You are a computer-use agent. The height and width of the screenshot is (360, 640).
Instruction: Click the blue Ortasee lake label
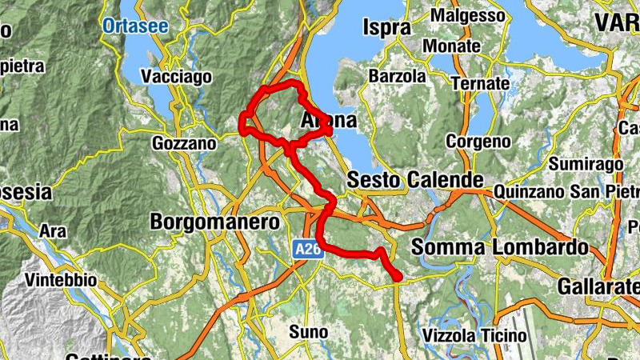(x=135, y=26)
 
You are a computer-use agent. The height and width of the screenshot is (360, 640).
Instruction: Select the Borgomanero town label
(x=215, y=221)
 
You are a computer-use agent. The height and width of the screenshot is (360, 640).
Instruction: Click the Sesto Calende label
(x=415, y=181)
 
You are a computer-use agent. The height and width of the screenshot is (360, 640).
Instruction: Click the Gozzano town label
(x=184, y=144)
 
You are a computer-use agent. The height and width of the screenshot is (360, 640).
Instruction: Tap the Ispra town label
(x=386, y=28)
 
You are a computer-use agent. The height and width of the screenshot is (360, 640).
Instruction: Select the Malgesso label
(x=468, y=15)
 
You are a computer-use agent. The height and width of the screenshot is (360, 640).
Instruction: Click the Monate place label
(x=451, y=46)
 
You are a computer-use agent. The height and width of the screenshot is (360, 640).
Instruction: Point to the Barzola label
(x=398, y=77)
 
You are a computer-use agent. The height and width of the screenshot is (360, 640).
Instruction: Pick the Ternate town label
(x=480, y=83)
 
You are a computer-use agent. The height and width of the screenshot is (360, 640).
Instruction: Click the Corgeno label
(x=478, y=142)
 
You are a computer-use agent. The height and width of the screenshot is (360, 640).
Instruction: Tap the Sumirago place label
(x=586, y=164)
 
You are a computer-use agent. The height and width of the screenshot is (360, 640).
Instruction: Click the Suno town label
(x=308, y=330)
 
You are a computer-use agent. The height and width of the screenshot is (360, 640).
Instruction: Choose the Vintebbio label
(x=61, y=281)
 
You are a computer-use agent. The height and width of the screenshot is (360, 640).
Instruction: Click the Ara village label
(x=53, y=231)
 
